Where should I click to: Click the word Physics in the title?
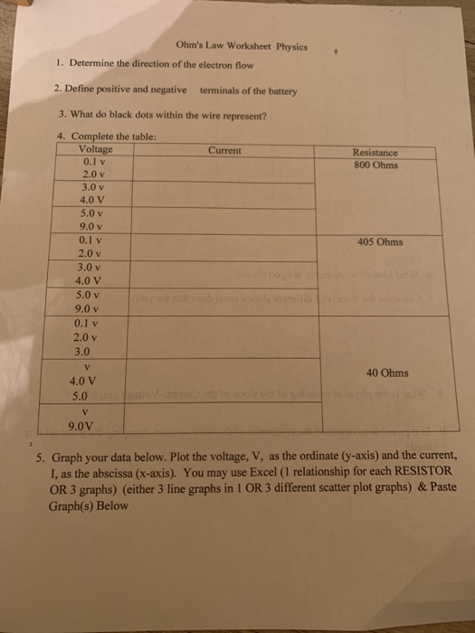[x=290, y=46]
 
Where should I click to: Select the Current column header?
[x=223, y=150]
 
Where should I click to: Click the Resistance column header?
[x=375, y=154]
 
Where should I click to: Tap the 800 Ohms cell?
[x=375, y=165]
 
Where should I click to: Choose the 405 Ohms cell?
[x=380, y=242]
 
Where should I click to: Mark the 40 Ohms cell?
[x=386, y=373]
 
